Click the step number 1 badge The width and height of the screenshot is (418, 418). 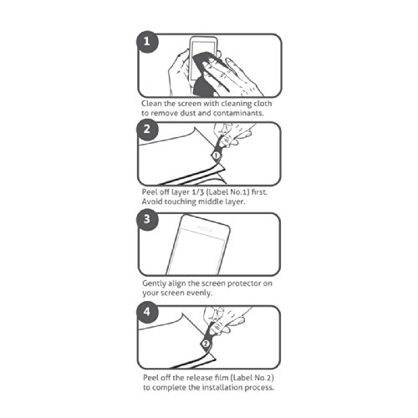pos(147,42)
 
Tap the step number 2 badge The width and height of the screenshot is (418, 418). pos(147,130)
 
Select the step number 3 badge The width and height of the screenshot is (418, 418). pos(147,220)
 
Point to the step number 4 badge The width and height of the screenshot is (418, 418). pos(147,312)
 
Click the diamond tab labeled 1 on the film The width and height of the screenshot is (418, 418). pos(217,155)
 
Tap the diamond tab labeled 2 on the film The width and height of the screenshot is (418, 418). pos(206,344)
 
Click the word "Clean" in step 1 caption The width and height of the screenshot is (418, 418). pos(151,104)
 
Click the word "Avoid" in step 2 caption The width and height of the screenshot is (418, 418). pos(152,201)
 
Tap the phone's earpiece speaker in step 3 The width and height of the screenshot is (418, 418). pos(206,228)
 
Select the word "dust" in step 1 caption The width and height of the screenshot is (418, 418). pos(188,113)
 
